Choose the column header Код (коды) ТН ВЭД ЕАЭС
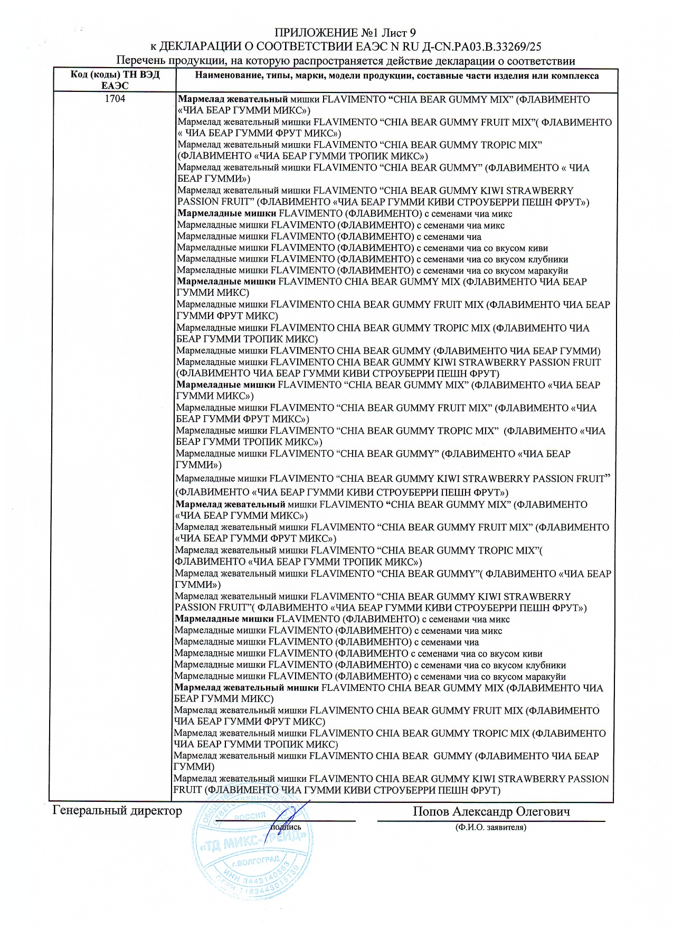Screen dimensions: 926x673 click(x=115, y=80)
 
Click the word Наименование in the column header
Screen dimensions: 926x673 click(x=226, y=76)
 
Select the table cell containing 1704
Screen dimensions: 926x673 click(x=115, y=99)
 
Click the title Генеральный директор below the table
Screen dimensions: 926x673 click(x=117, y=810)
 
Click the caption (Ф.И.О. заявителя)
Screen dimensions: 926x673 click(x=491, y=827)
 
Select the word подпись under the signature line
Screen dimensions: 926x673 click(x=286, y=827)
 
